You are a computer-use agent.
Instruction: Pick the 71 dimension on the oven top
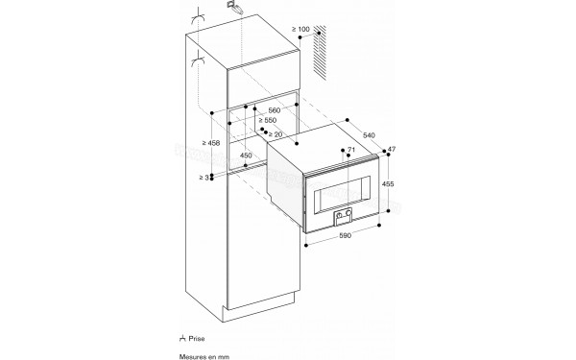pos(351,152)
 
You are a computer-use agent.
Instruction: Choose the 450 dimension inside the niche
pos(245,156)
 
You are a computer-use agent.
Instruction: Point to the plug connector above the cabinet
pos(235,8)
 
